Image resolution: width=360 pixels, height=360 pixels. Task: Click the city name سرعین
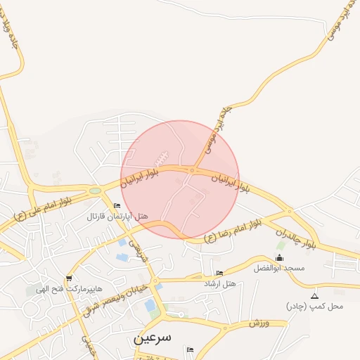point(152,337)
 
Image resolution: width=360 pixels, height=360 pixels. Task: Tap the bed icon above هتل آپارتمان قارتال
point(117,205)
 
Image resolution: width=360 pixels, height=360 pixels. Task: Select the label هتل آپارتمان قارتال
point(117,216)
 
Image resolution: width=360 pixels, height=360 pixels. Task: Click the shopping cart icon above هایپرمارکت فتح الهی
point(68,278)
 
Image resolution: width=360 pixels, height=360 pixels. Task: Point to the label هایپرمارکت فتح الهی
point(70,289)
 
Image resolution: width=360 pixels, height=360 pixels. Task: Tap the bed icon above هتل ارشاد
point(220,273)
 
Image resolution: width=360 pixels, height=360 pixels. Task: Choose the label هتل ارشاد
point(220,283)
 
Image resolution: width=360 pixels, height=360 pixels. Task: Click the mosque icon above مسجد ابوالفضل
point(280,258)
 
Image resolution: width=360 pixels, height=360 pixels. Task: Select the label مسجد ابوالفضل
point(279,269)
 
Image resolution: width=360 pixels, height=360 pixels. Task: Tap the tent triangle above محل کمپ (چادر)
point(314,295)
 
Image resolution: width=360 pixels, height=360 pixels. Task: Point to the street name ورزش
point(259,322)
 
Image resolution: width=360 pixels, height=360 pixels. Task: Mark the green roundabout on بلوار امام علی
point(95,190)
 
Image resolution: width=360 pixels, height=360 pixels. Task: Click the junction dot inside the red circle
point(192,170)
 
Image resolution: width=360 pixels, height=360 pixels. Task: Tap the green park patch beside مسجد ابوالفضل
point(281,246)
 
